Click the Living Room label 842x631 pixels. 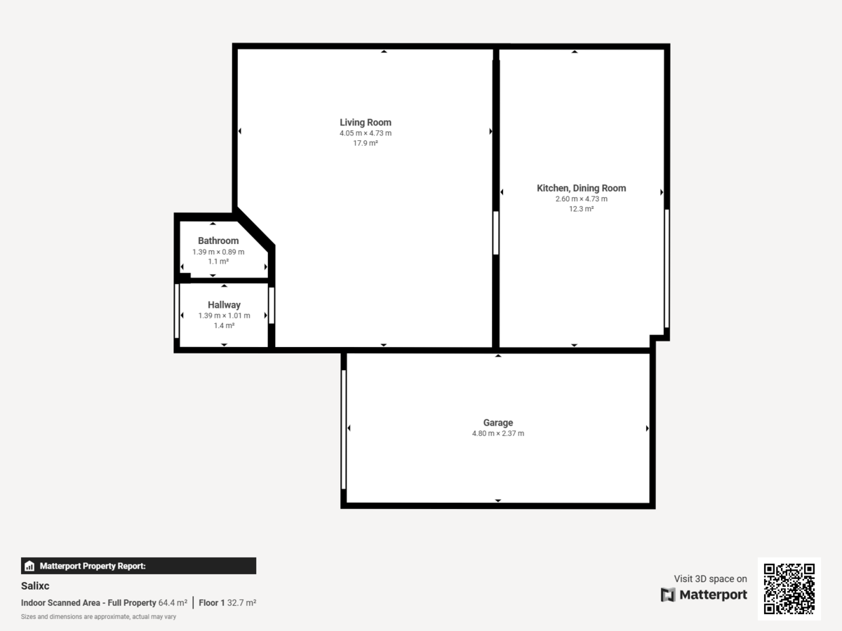pyautogui.click(x=366, y=123)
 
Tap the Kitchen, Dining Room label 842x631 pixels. pyautogui.click(x=581, y=188)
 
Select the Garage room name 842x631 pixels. pyautogui.click(x=498, y=423)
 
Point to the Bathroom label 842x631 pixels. pyautogui.click(x=218, y=240)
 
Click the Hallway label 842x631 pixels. pyautogui.click(x=224, y=305)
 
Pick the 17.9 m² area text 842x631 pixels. pyautogui.click(x=366, y=143)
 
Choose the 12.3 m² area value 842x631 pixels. pyautogui.click(x=581, y=209)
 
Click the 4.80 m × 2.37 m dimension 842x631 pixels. pyautogui.click(x=498, y=433)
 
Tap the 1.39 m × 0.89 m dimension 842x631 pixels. pyautogui.click(x=218, y=252)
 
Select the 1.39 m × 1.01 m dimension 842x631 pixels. pyautogui.click(x=224, y=315)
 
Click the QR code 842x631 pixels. pyautogui.click(x=789, y=589)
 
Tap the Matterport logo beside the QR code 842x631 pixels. pyautogui.click(x=704, y=595)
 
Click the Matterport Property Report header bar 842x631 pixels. pyautogui.click(x=138, y=566)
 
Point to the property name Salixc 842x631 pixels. pyautogui.click(x=35, y=585)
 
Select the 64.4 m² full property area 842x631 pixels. pyautogui.click(x=173, y=603)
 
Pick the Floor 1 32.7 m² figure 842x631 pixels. pyautogui.click(x=227, y=603)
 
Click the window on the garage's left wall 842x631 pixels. pyautogui.click(x=344, y=429)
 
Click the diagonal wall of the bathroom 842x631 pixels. pyautogui.click(x=255, y=228)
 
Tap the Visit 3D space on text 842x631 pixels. pyautogui.click(x=710, y=579)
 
